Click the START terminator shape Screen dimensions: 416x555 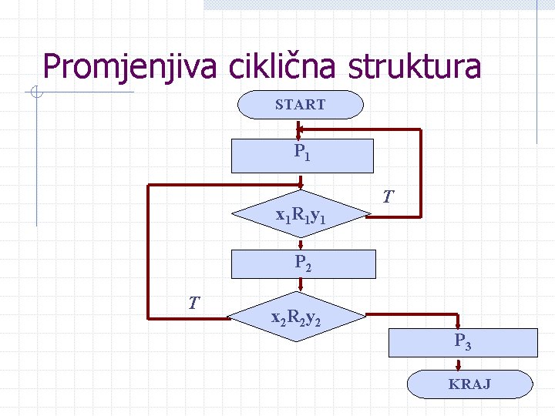pos(300,105)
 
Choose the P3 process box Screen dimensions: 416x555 pos(462,342)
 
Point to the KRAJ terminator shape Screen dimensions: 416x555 pos(469,384)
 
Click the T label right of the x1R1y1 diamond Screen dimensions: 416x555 pos(390,198)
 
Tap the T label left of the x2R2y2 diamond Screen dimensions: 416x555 pos(196,303)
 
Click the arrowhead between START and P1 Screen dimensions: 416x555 pos(301,133)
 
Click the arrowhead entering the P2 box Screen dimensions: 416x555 pos(301,246)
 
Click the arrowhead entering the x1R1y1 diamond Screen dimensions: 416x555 pos(301,187)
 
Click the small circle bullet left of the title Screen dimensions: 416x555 pos(36,94)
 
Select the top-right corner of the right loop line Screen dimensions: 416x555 pos(421,131)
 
